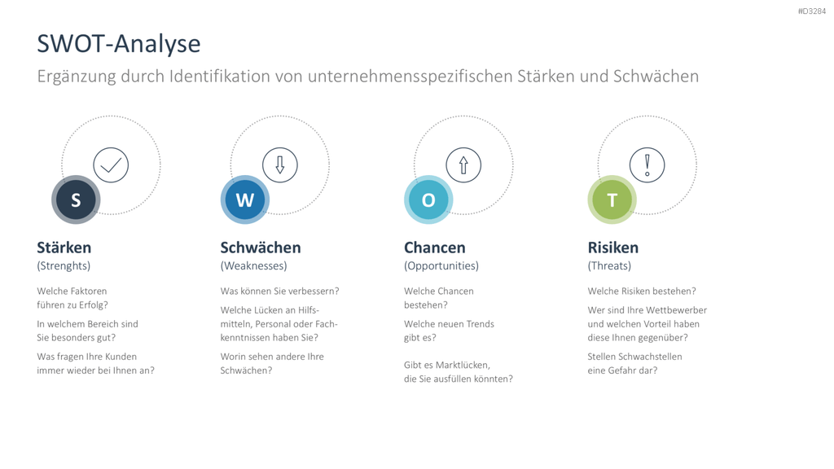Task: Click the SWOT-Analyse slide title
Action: point(119,44)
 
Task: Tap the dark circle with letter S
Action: point(76,200)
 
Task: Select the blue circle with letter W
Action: point(245,200)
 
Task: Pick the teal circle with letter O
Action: point(428,200)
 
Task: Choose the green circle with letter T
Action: point(612,200)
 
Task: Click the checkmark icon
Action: point(111,165)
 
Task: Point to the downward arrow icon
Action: point(280,165)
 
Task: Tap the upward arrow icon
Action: point(463,165)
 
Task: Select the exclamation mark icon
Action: point(647,165)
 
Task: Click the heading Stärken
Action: point(64,248)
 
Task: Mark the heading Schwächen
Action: point(261,248)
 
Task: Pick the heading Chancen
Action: point(435,248)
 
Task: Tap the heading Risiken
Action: point(612,248)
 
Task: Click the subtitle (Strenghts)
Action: point(64,266)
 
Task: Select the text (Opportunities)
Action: point(441,266)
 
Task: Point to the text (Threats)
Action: point(609,266)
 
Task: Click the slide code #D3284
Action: point(812,11)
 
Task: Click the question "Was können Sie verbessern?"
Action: point(280,291)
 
